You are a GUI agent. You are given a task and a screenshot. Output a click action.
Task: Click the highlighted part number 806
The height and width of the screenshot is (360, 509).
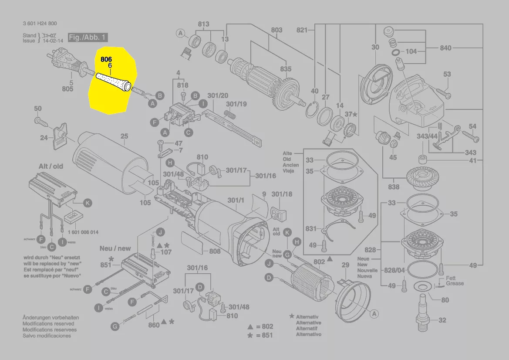point(106,59)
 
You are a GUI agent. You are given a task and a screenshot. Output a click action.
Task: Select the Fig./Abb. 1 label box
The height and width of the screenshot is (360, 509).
point(88,37)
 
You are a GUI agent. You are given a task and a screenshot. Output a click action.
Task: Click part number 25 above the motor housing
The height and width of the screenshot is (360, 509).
point(125,136)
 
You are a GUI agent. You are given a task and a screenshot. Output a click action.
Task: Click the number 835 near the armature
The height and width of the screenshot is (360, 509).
point(286,69)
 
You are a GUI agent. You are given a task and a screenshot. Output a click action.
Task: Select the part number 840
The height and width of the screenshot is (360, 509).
point(445,48)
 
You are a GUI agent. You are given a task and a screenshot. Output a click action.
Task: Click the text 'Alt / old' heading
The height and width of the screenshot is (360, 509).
point(51,166)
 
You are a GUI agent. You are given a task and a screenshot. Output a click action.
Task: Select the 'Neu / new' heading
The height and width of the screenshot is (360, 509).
point(115,248)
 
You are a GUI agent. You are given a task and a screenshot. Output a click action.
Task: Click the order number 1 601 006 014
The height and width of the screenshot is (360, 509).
point(83,232)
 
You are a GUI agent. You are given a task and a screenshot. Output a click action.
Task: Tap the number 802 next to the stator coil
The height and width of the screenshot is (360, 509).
point(319,262)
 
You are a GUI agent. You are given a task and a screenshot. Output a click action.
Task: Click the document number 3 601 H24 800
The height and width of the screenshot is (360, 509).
point(40,24)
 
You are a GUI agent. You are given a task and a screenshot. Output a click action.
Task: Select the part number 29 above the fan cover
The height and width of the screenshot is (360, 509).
point(345,265)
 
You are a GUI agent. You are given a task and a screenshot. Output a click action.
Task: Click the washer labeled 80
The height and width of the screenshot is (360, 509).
point(421,286)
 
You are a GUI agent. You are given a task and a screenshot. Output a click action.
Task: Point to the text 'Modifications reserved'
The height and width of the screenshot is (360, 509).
point(48,324)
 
